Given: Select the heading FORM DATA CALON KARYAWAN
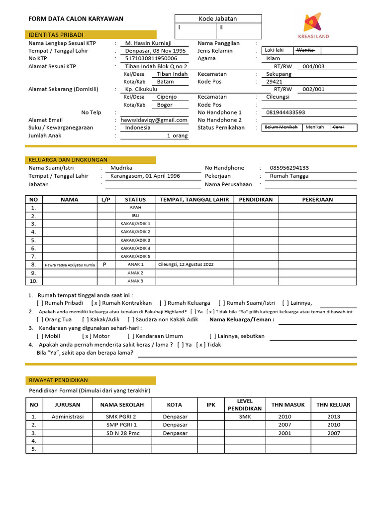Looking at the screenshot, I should (x=76, y=19).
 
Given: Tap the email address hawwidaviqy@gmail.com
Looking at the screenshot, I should (x=154, y=120).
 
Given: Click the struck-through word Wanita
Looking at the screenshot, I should (x=305, y=50).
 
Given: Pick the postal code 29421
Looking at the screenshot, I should (x=274, y=82).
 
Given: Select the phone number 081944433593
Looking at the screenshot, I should (x=286, y=113).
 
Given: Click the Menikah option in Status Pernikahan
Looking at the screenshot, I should (x=314, y=127).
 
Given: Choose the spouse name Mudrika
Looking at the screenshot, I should (x=121, y=168).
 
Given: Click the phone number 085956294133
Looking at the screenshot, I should (x=289, y=168).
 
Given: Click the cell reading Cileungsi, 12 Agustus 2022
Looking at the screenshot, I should (x=186, y=264).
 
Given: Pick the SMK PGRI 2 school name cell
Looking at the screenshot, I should (x=121, y=416).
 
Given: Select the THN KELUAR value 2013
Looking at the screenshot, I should (x=334, y=416).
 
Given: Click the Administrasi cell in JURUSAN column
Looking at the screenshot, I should (x=68, y=416).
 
